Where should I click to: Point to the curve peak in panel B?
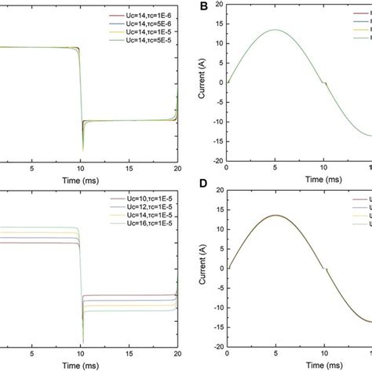coord(273,31)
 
